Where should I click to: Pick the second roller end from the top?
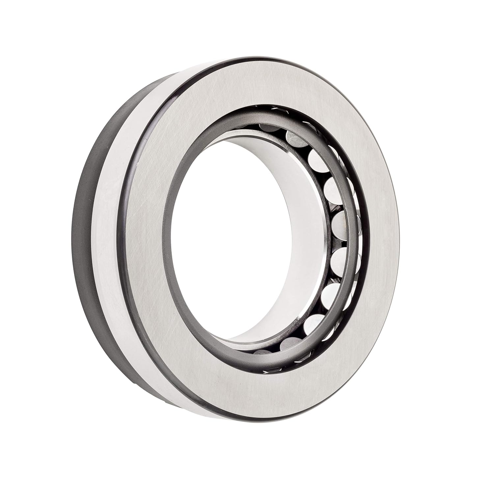click(x=296, y=139)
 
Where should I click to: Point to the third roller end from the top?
click(x=318, y=160)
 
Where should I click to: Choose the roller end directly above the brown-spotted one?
click(x=334, y=190)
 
